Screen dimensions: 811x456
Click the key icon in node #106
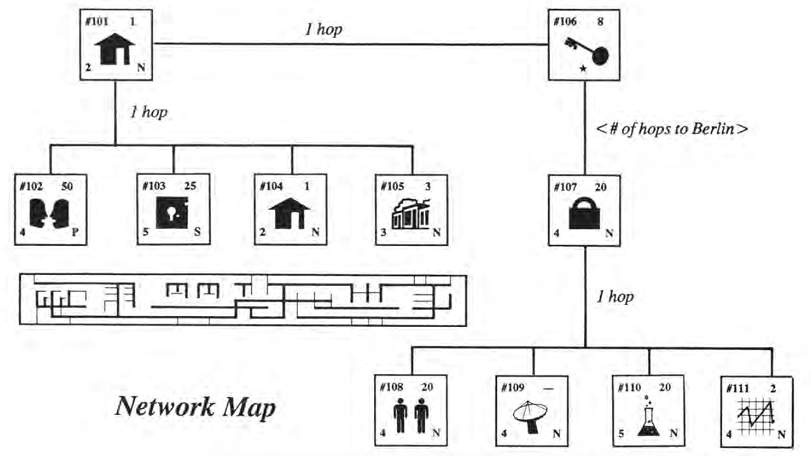coord(587,51)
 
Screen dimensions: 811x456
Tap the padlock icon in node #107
coord(584,214)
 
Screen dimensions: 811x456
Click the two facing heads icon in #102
coord(49,214)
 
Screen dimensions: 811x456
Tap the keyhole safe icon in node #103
coord(172,213)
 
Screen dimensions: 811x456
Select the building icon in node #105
coord(411,214)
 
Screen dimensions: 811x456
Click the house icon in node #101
coord(114,49)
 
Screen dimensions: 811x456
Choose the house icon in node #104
coord(289,213)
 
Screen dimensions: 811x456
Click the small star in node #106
coord(583,68)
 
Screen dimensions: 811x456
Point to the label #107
coord(565,187)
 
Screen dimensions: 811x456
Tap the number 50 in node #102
coord(67,186)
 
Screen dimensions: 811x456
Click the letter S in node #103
coord(197,231)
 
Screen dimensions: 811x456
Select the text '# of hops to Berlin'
coord(672,129)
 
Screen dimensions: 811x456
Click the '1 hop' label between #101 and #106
coord(324,30)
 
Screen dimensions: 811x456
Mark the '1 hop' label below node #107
coord(615,297)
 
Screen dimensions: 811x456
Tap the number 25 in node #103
coord(190,186)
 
